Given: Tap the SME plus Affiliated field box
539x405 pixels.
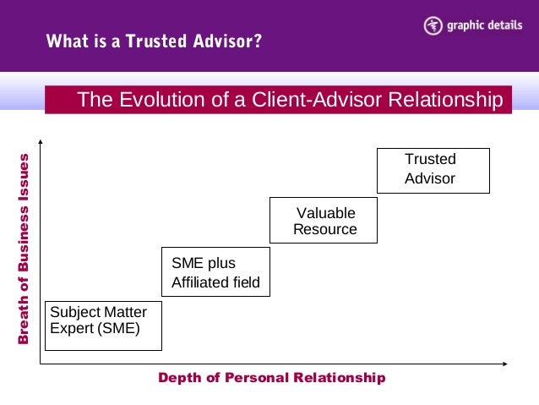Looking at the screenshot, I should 215,272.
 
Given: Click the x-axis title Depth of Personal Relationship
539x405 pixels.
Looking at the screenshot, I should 271,378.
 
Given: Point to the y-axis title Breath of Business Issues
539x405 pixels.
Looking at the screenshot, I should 24,249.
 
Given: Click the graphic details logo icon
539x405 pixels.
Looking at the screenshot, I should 433,25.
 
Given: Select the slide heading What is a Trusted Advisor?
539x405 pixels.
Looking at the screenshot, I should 153,41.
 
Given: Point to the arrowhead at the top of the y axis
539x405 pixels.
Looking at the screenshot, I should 40,141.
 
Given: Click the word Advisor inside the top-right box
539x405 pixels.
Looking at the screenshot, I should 429,179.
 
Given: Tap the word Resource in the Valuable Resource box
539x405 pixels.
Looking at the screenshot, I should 324,230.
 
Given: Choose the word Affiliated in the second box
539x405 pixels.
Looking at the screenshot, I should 199,282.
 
